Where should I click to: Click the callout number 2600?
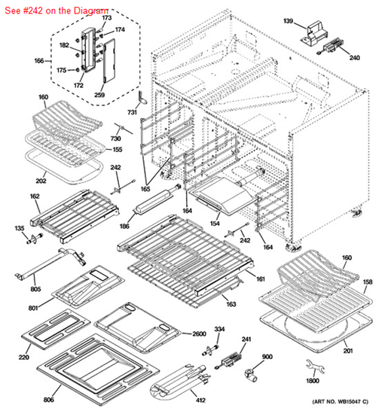click(198, 334)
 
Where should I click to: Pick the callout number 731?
click(133, 112)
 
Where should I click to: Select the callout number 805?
click(14, 288)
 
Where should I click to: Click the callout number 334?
click(219, 330)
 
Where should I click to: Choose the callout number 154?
click(214, 224)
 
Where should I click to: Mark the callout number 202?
click(41, 180)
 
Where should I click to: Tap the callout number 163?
click(231, 303)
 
